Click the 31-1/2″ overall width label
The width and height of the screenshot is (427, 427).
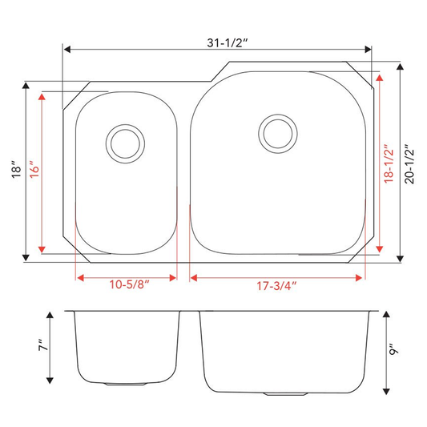pos(228,43)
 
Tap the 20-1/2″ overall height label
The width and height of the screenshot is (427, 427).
pos(409,164)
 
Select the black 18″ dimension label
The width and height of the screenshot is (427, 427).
pos(17,169)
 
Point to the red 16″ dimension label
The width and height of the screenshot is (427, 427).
pos(34,169)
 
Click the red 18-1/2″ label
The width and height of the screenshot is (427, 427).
pos(389,163)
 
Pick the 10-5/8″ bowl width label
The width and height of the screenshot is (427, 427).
pos(129,284)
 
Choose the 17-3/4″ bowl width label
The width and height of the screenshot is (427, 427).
pos(276,286)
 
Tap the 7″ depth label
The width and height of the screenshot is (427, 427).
pos(43,345)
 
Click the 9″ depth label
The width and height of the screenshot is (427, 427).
pos(393,348)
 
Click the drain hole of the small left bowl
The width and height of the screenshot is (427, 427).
pos(125,143)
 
